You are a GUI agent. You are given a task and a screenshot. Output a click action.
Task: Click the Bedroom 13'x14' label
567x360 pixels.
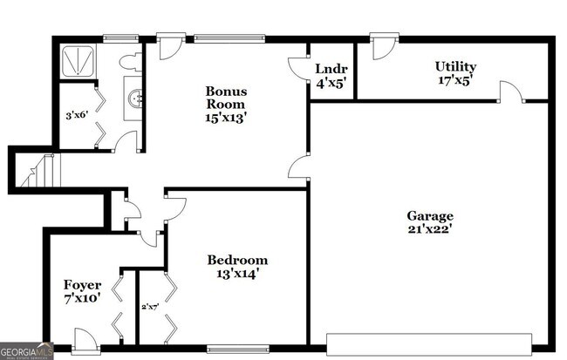pos(236,267)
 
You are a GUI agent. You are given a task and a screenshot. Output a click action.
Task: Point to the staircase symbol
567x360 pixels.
pos(37,172)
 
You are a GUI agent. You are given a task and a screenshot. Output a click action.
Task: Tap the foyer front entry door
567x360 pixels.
pos(85,338)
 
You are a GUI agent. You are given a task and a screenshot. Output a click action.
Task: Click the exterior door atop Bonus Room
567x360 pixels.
pos(169,46)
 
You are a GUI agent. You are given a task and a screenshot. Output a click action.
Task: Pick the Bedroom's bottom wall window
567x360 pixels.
pos(236,350)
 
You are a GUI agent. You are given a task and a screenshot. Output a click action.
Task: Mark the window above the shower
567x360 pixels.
pos(114,37)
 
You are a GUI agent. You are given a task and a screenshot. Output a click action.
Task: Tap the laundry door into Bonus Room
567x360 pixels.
pos(299,69)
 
